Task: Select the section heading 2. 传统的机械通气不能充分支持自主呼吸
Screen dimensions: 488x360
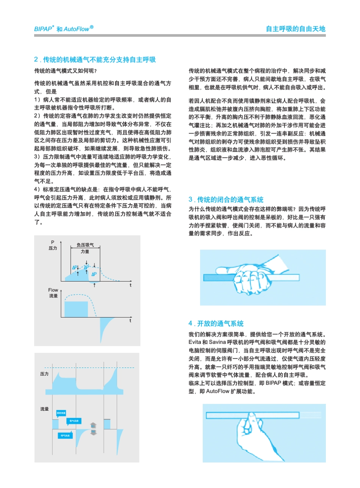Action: click(x=95, y=60)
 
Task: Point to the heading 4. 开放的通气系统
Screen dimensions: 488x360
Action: click(x=216, y=324)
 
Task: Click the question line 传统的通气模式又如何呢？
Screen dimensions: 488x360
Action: click(x=65, y=71)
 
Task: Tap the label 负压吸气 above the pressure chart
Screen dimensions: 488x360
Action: click(x=85, y=245)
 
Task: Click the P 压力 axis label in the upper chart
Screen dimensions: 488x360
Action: click(x=53, y=245)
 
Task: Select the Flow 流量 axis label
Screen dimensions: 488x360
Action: click(x=53, y=292)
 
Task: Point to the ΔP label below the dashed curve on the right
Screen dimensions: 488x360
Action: click(x=94, y=274)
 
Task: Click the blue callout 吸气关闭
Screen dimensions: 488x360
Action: click(x=74, y=421)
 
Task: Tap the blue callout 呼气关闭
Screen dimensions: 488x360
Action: click(x=65, y=436)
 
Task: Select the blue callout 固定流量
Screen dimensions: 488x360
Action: click(x=61, y=412)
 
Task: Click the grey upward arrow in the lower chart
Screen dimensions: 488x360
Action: click(x=94, y=425)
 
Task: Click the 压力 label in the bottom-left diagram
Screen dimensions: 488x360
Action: click(x=44, y=374)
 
